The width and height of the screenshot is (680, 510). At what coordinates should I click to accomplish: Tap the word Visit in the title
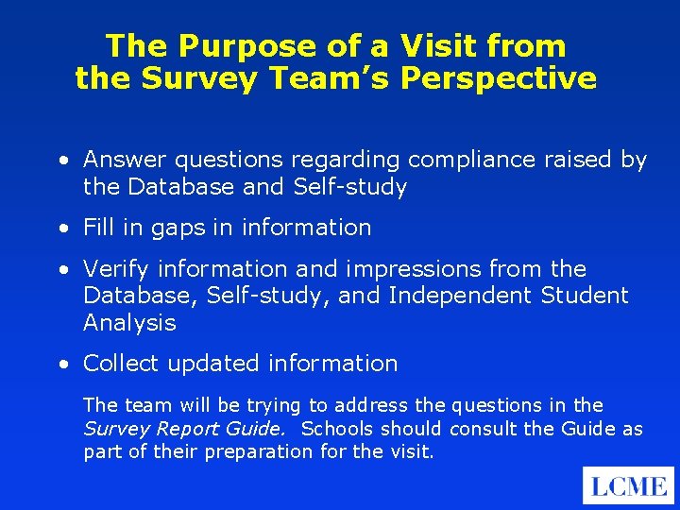pyautogui.click(x=430, y=45)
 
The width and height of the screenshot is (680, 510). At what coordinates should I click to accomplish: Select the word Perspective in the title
pyautogui.click(x=499, y=77)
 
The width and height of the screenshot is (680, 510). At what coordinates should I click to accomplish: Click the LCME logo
pyautogui.click(x=628, y=485)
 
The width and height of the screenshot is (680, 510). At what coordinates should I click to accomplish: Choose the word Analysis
pyautogui.click(x=129, y=323)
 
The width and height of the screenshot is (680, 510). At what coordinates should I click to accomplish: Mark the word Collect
pyautogui.click(x=118, y=364)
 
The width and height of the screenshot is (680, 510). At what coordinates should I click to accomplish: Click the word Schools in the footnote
pyautogui.click(x=338, y=429)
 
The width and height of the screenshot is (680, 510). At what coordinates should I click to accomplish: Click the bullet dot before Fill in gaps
pyautogui.click(x=61, y=229)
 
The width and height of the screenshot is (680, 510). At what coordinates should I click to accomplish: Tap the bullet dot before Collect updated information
pyautogui.click(x=61, y=365)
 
